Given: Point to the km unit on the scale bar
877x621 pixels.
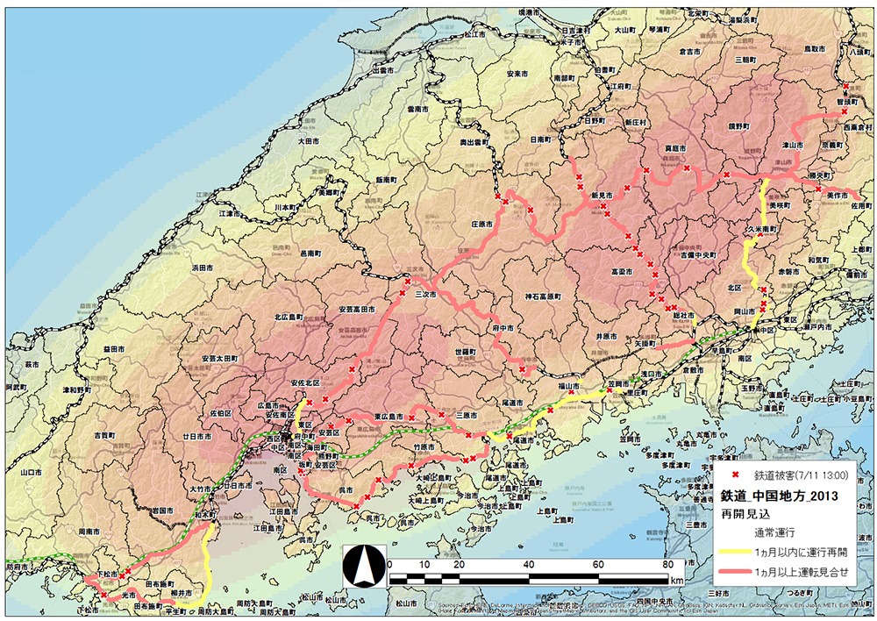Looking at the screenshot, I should tap(676, 581).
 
